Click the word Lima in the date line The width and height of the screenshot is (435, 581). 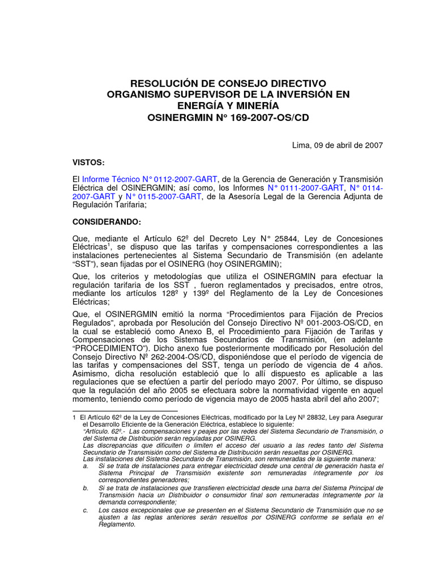(x=301, y=145)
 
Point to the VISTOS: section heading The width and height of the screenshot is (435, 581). (x=88, y=163)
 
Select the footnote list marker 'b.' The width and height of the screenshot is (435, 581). (x=85, y=488)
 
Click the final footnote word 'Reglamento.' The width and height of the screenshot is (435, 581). (x=117, y=525)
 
